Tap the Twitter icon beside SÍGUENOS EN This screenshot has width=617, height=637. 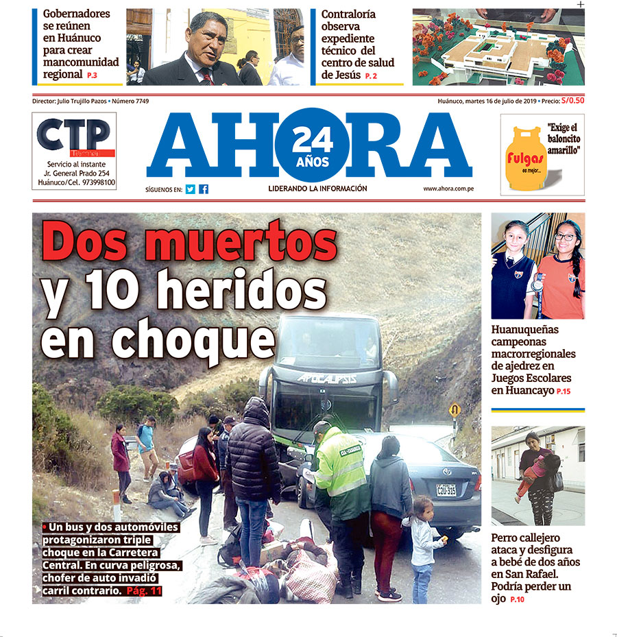point(191,189)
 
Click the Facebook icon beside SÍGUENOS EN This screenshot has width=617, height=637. point(204,189)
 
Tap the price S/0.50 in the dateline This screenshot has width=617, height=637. point(572,101)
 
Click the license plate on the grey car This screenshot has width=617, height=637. point(446,489)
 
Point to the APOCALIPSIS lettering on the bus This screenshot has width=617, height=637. point(326,378)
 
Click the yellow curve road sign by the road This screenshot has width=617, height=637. point(455,410)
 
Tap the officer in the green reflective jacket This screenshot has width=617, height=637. point(340,473)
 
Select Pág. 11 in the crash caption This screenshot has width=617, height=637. point(145,590)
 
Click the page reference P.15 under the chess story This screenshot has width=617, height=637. point(564,391)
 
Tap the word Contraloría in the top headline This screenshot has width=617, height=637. point(348,14)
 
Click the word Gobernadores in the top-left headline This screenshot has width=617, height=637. point(77,14)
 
